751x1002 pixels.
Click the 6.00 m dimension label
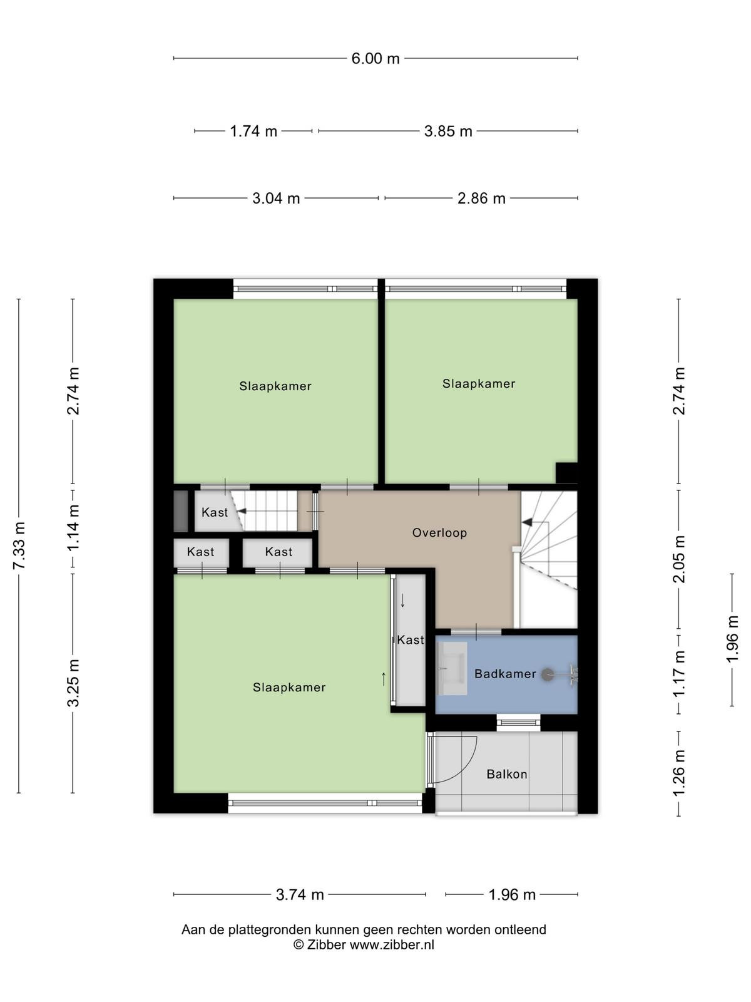[x=375, y=58]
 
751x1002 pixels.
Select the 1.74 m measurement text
[x=253, y=131]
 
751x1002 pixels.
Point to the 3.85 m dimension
[x=447, y=131]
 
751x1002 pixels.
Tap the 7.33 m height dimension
[x=19, y=545]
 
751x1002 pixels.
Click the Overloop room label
[x=439, y=533]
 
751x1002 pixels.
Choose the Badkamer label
[x=505, y=674]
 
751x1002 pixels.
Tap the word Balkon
[x=506, y=774]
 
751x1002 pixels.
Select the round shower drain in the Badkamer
[x=547, y=674]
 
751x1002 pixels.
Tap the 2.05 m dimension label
[x=679, y=559]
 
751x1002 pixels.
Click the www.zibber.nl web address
[x=392, y=944]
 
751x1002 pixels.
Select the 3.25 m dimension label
[x=73, y=683]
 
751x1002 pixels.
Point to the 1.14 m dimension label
[x=73, y=528]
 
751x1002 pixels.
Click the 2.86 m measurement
[x=481, y=198]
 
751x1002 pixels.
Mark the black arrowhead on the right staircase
[x=527, y=522]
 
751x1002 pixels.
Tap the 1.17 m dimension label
[x=679, y=674]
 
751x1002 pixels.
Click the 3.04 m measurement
[x=276, y=198]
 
